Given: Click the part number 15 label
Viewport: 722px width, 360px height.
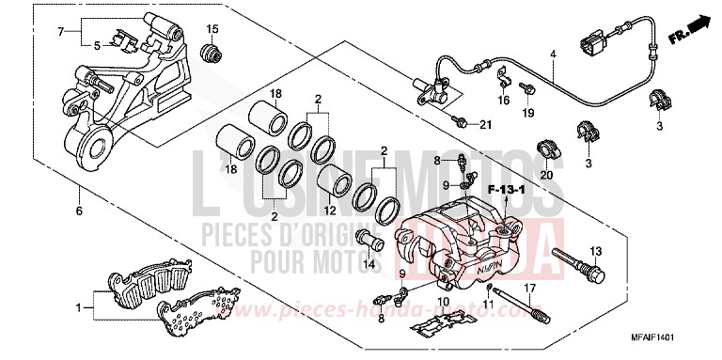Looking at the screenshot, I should pyautogui.click(x=212, y=26).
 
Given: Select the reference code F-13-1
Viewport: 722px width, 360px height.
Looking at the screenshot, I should pyautogui.click(x=504, y=191).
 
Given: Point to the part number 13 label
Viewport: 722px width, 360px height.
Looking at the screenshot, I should pyautogui.click(x=594, y=248).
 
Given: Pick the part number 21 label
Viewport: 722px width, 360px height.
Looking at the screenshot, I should pyautogui.click(x=485, y=125).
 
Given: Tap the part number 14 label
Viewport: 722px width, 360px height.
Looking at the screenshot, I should pyautogui.click(x=370, y=265).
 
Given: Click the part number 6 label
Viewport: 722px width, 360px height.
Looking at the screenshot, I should pyautogui.click(x=80, y=211).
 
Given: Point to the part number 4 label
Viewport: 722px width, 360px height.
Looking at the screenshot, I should pyautogui.click(x=553, y=54).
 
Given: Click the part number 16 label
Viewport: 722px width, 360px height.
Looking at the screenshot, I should pyautogui.click(x=504, y=99).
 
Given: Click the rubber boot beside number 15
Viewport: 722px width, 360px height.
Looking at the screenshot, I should pyautogui.click(x=214, y=52).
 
